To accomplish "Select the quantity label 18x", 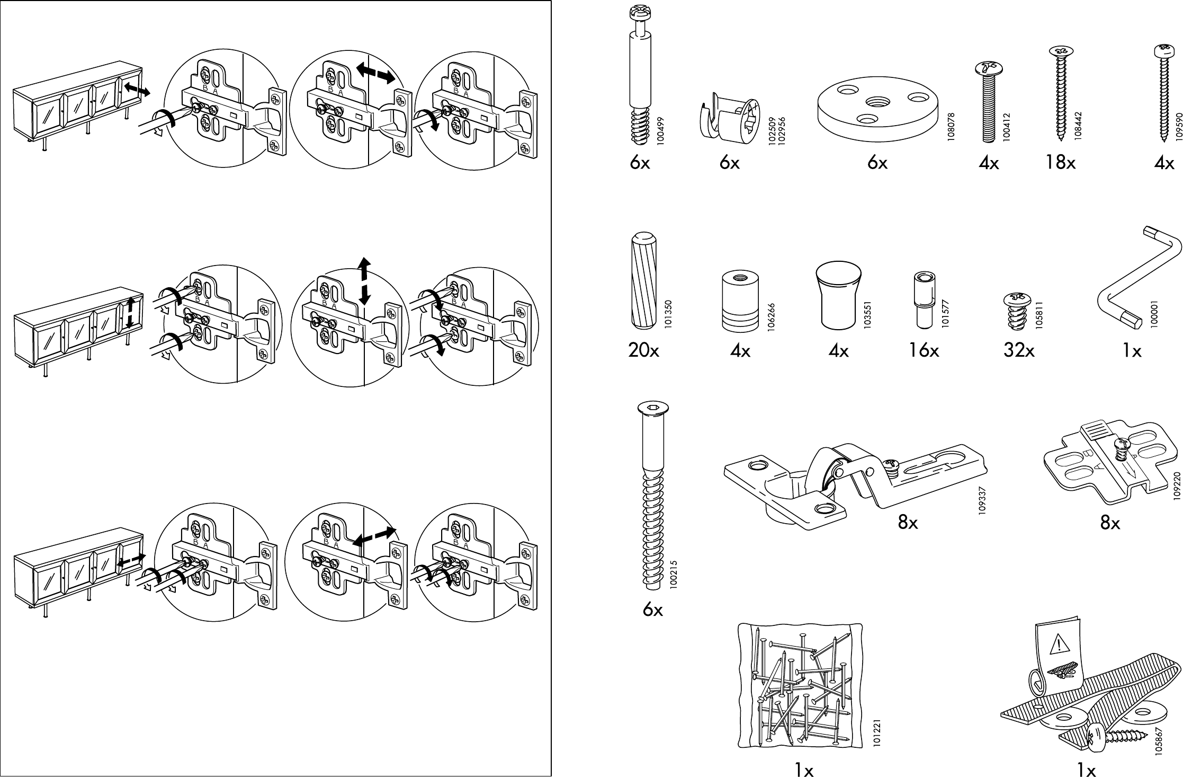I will click(1060, 163).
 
